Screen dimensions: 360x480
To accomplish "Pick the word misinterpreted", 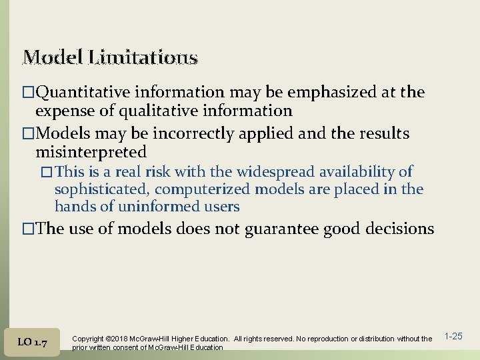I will (91, 152).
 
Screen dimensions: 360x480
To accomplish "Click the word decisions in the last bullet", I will (397, 229).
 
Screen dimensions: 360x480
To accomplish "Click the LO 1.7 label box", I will (32, 342).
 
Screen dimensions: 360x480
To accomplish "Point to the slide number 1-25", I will (453, 337).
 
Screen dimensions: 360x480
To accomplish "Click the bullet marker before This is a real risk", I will (47, 173).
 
